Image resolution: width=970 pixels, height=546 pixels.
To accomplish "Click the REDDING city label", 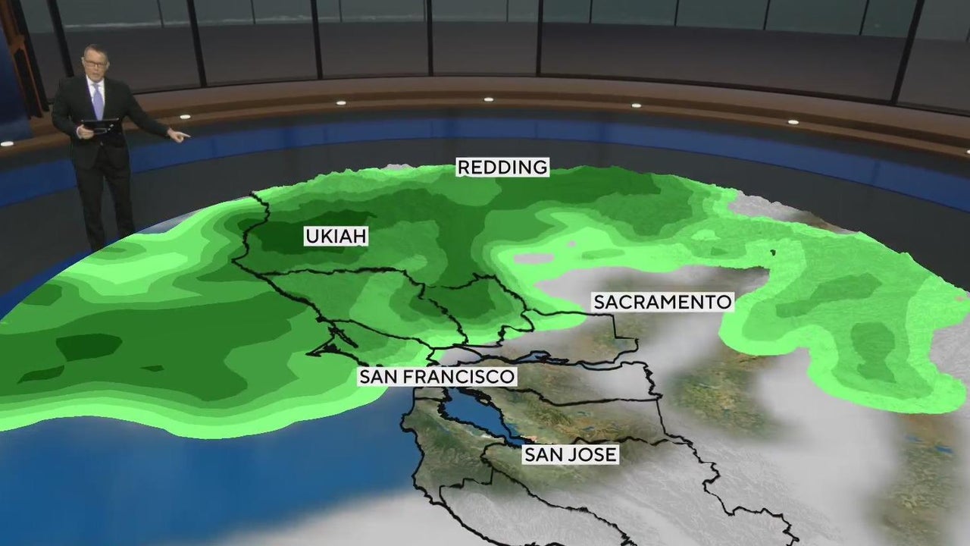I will pos(502,167).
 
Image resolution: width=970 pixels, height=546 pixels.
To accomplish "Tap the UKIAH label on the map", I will pos(336,237).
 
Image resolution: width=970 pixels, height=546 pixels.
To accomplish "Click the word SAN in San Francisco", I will pos(377,377).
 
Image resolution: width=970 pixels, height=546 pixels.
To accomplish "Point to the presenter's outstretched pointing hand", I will pos(179,136).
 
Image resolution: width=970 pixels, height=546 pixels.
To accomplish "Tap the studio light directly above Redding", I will pos(488,99).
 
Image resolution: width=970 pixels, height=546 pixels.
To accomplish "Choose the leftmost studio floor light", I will pos(6,143).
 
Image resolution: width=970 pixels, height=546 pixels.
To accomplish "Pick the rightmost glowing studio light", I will pos(793,121).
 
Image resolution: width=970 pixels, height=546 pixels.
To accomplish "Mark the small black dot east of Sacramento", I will pos(774,252).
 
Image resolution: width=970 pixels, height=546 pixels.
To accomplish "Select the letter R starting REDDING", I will pos(463,167).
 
